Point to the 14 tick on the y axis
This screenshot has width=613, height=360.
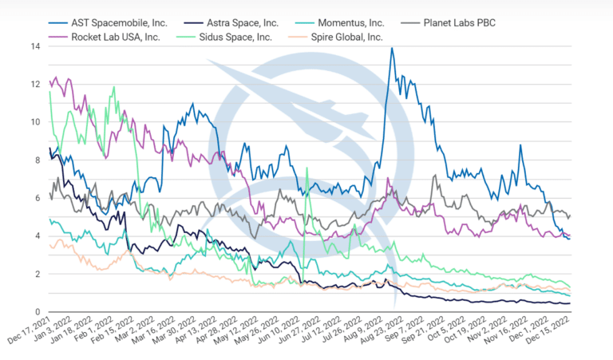pyautogui.click(x=35, y=46)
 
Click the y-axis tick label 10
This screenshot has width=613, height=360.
pyautogui.click(x=35, y=122)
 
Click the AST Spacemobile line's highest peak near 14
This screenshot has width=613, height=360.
pyautogui.click(x=391, y=48)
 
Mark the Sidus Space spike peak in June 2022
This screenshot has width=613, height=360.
pyautogui.click(x=307, y=168)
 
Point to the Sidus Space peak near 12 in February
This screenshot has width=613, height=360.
pyautogui.click(x=114, y=86)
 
